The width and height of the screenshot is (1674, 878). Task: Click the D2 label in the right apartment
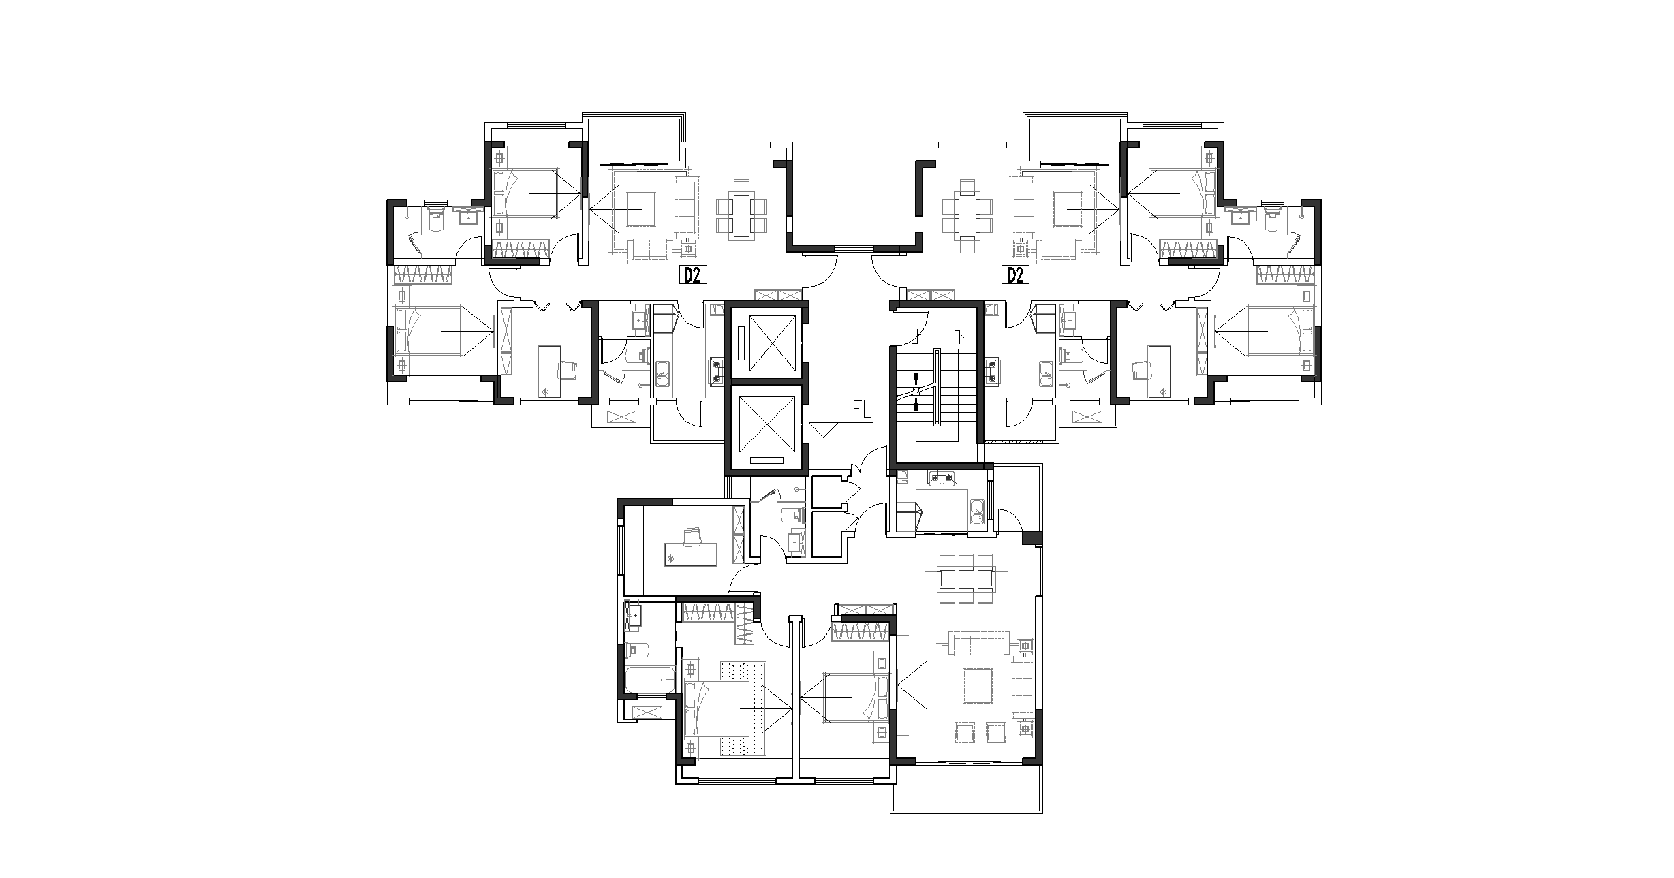pyautogui.click(x=1016, y=275)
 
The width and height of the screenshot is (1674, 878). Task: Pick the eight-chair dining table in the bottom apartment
pyautogui.click(x=965, y=578)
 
